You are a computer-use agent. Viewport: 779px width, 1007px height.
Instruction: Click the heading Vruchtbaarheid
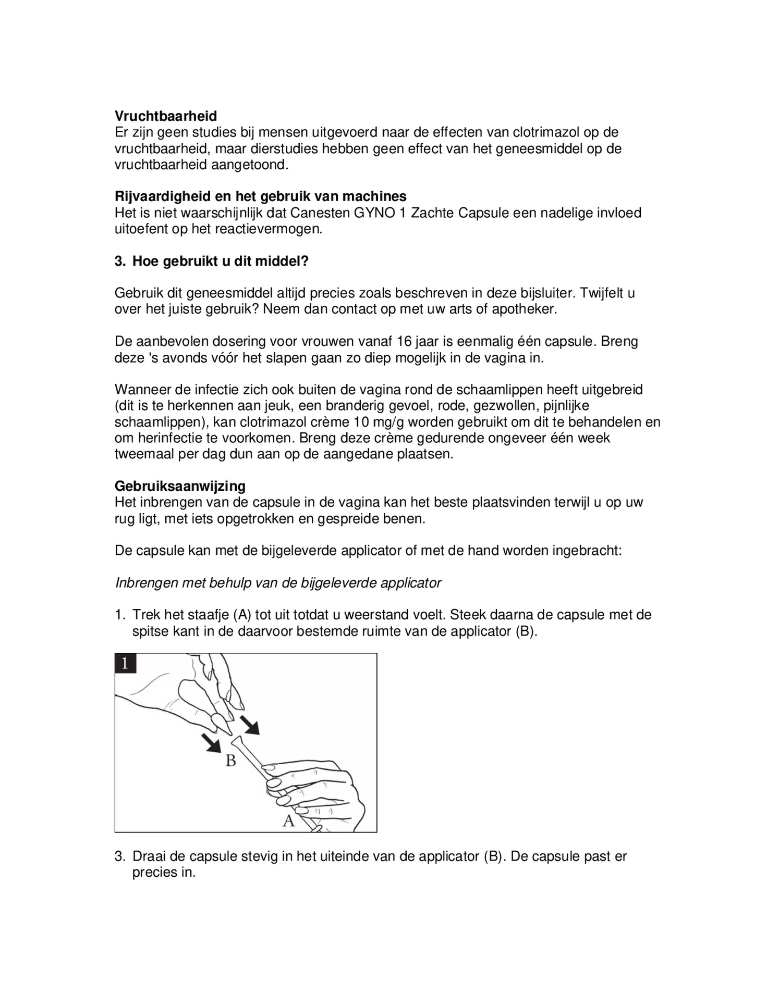166,116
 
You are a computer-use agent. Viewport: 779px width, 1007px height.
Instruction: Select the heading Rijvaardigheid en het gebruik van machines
260,196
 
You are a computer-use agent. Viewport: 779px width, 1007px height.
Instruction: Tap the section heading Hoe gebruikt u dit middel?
220,261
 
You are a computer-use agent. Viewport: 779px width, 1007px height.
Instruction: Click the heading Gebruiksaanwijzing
180,486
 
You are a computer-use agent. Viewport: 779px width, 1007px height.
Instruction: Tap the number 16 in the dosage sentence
404,342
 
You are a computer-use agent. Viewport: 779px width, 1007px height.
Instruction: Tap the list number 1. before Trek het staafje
120,615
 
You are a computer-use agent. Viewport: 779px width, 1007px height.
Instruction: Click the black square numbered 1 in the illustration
125,663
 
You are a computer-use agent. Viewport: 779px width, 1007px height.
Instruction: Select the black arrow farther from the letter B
251,725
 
